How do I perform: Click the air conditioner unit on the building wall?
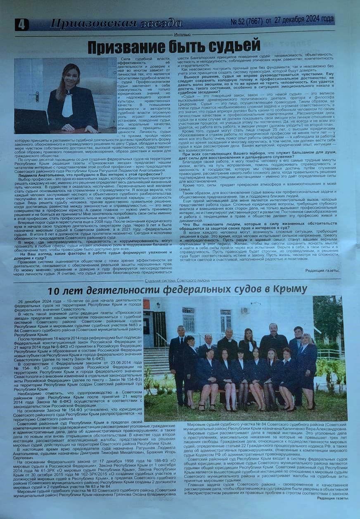[x=244, y=310]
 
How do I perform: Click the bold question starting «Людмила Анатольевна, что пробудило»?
[x=83, y=174]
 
